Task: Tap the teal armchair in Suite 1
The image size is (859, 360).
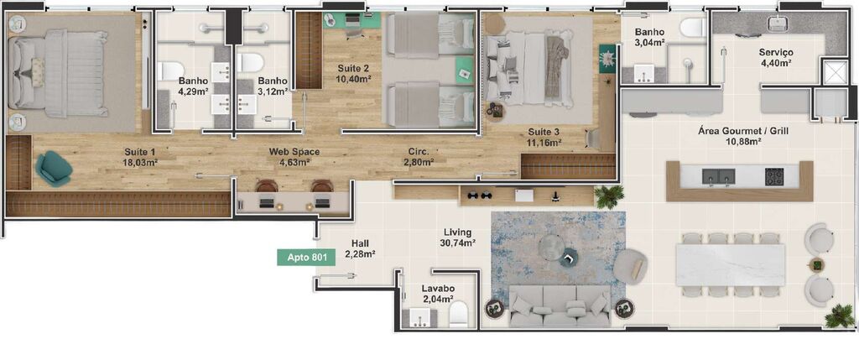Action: (54, 168)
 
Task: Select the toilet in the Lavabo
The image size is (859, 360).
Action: (458, 316)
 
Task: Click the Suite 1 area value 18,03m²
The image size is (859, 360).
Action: (139, 163)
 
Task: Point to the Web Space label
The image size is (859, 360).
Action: (294, 152)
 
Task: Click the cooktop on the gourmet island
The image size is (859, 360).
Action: (773, 176)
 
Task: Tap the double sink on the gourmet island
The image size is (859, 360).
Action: (718, 176)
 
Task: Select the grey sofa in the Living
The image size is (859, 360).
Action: (560, 306)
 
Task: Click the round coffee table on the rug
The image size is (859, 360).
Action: (552, 246)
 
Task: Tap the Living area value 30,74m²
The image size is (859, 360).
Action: (458, 243)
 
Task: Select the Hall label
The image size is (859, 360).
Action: (360, 243)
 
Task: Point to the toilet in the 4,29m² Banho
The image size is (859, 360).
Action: (170, 70)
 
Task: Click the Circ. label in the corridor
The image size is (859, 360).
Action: (419, 152)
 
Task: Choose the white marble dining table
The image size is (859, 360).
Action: (730, 263)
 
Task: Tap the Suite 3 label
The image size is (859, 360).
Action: (544, 132)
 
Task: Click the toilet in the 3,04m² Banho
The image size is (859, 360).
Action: (693, 28)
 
